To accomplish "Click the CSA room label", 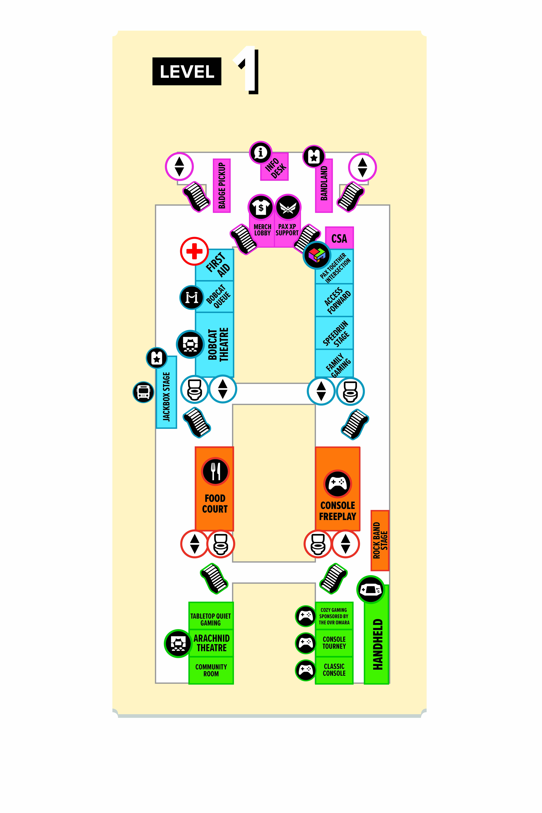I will (339, 238).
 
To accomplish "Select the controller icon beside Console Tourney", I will (306, 643).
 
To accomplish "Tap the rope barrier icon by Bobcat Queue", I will (191, 297).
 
